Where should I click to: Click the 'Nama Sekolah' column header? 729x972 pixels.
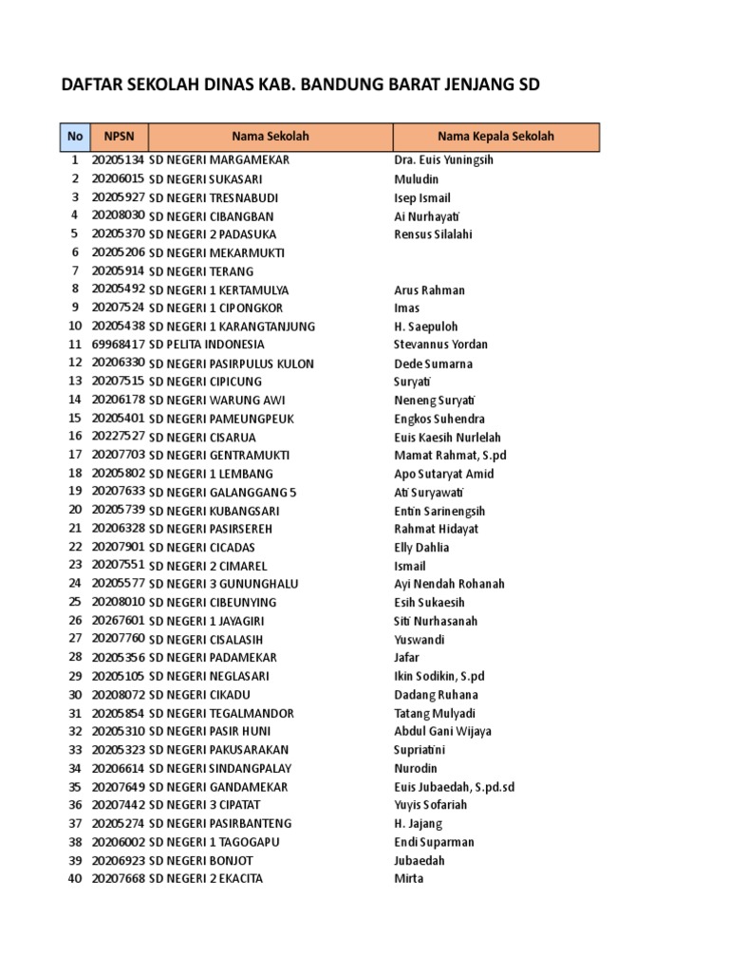coord(271,137)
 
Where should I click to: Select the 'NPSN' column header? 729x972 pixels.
coord(118,137)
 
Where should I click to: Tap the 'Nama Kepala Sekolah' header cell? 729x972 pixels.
coord(495,137)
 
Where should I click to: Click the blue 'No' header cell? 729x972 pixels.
coord(74,137)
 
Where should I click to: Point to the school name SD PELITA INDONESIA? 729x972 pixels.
coord(207,345)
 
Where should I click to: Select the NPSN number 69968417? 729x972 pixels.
coord(118,345)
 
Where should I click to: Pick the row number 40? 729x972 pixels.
coord(74,879)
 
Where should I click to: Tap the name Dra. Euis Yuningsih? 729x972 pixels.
coord(443,160)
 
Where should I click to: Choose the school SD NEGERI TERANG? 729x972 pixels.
coord(201,271)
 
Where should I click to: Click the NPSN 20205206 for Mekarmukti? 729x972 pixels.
coord(118,252)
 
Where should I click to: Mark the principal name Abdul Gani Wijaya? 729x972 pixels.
coord(443,732)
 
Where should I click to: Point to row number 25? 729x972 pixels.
coord(74,603)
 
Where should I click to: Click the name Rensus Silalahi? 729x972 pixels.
coord(433,234)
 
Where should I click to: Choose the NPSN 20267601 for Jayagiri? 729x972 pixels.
coord(118,622)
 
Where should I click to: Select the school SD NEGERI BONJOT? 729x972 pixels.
coord(201,861)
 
